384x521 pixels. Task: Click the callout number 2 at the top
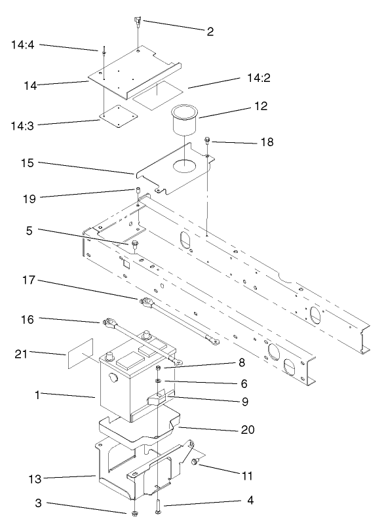click(210, 31)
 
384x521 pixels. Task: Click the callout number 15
click(26, 162)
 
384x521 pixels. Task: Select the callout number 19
click(24, 196)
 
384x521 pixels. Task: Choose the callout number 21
click(21, 355)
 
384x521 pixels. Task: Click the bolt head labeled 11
click(195, 463)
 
